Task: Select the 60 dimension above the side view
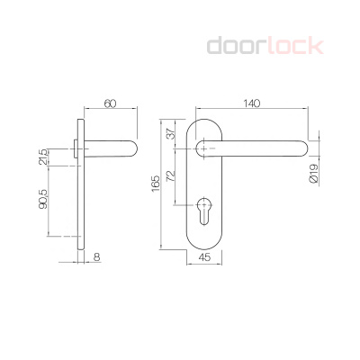point(111,103)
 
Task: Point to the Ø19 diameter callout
point(313,173)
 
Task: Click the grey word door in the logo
point(235,45)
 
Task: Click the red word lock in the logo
point(292,45)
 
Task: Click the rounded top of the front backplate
point(206,122)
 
